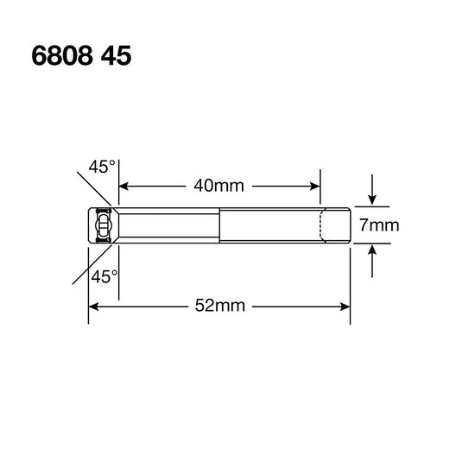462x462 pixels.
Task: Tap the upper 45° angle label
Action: tap(100, 167)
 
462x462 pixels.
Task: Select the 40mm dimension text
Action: tap(219, 185)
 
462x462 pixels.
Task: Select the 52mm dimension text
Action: tap(219, 306)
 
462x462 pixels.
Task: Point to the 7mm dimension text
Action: tap(378, 226)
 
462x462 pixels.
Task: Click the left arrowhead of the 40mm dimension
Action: tap(124, 185)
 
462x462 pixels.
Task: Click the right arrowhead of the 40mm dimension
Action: tap(315, 185)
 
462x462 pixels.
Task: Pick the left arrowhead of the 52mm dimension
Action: tap(93, 306)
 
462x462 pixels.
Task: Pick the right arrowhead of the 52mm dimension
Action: tap(345, 306)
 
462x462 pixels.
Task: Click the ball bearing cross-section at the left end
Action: tap(102, 226)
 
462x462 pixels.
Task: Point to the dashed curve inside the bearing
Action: tap(322, 226)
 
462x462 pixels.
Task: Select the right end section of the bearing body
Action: tap(335, 226)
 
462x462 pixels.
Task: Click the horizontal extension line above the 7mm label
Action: tap(371, 207)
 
